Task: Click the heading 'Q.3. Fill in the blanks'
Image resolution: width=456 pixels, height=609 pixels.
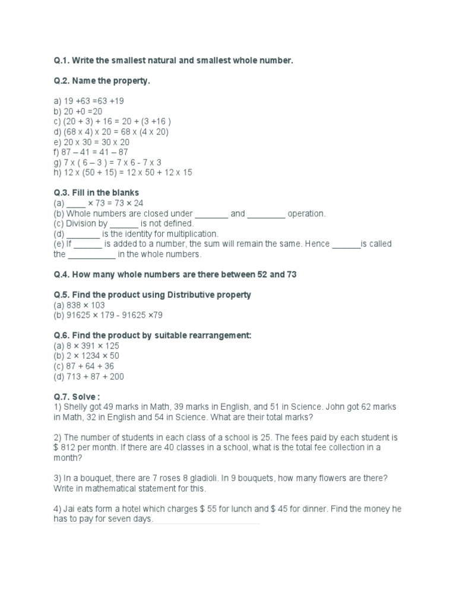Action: (x=96, y=193)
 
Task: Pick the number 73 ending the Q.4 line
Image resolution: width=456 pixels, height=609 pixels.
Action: (x=291, y=274)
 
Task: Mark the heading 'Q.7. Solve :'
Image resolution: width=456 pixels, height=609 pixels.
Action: (x=77, y=397)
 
